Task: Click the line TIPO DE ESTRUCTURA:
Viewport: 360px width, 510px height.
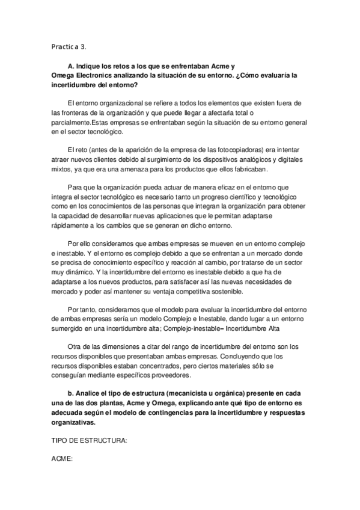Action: pos(89,441)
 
